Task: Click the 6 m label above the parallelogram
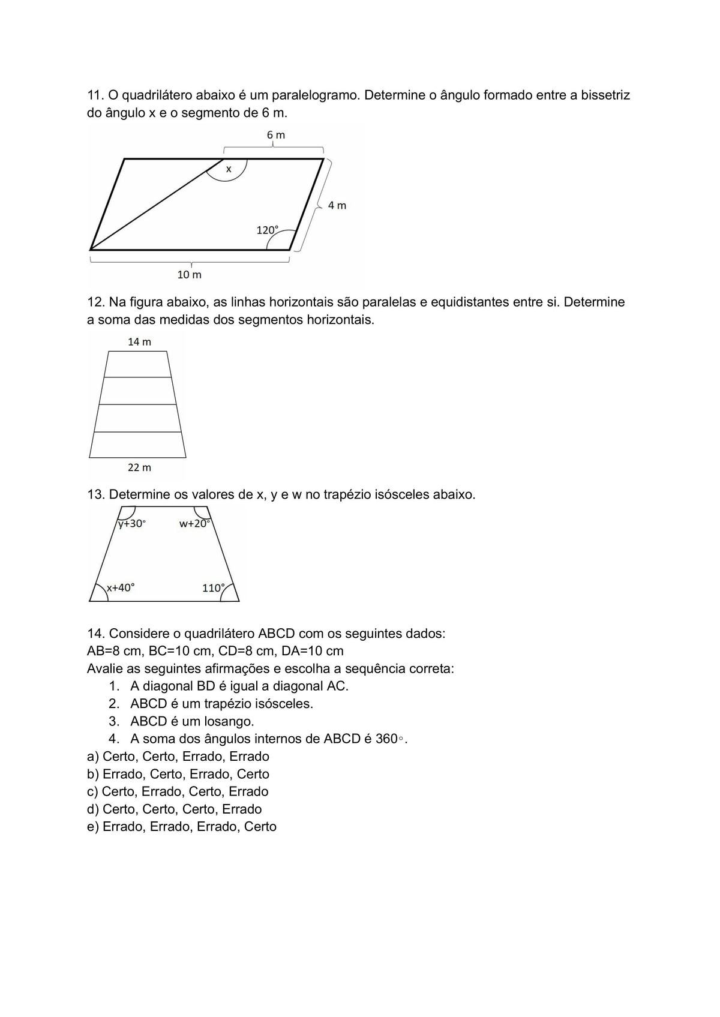point(276,135)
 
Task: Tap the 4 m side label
point(337,205)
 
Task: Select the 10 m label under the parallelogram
point(189,275)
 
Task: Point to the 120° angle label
point(268,230)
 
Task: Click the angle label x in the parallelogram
point(229,170)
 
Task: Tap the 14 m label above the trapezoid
point(139,342)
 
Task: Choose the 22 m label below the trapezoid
point(139,467)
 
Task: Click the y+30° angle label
point(131,524)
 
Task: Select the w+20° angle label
point(195,524)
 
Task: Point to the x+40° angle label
point(121,588)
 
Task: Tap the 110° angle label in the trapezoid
point(214,588)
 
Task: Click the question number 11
point(95,95)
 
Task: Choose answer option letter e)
point(93,827)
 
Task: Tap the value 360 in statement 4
point(386,739)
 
